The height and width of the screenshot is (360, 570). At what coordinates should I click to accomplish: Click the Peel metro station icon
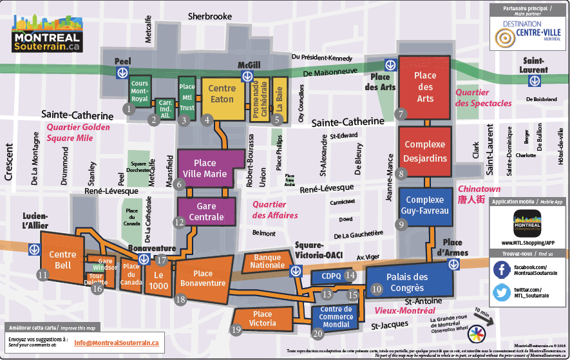pos(121,73)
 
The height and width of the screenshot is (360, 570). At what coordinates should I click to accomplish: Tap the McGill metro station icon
pos(247,77)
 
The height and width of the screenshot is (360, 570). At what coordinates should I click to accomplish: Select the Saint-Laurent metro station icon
pos(533,81)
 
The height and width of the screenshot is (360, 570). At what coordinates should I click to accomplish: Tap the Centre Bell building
pos(62,260)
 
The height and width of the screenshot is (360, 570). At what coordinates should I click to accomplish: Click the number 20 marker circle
pos(317,334)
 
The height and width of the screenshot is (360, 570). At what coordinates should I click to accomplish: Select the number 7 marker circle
pos(401,114)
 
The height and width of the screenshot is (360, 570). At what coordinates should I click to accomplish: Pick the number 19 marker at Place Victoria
pos(236,330)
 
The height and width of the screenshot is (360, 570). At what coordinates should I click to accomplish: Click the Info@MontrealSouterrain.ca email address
pos(116,343)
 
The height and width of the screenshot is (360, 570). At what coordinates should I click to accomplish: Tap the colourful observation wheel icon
pos(476,334)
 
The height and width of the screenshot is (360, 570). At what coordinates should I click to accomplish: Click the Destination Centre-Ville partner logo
pos(527,33)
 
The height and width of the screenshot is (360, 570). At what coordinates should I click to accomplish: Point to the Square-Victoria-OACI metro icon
pos(296,270)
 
